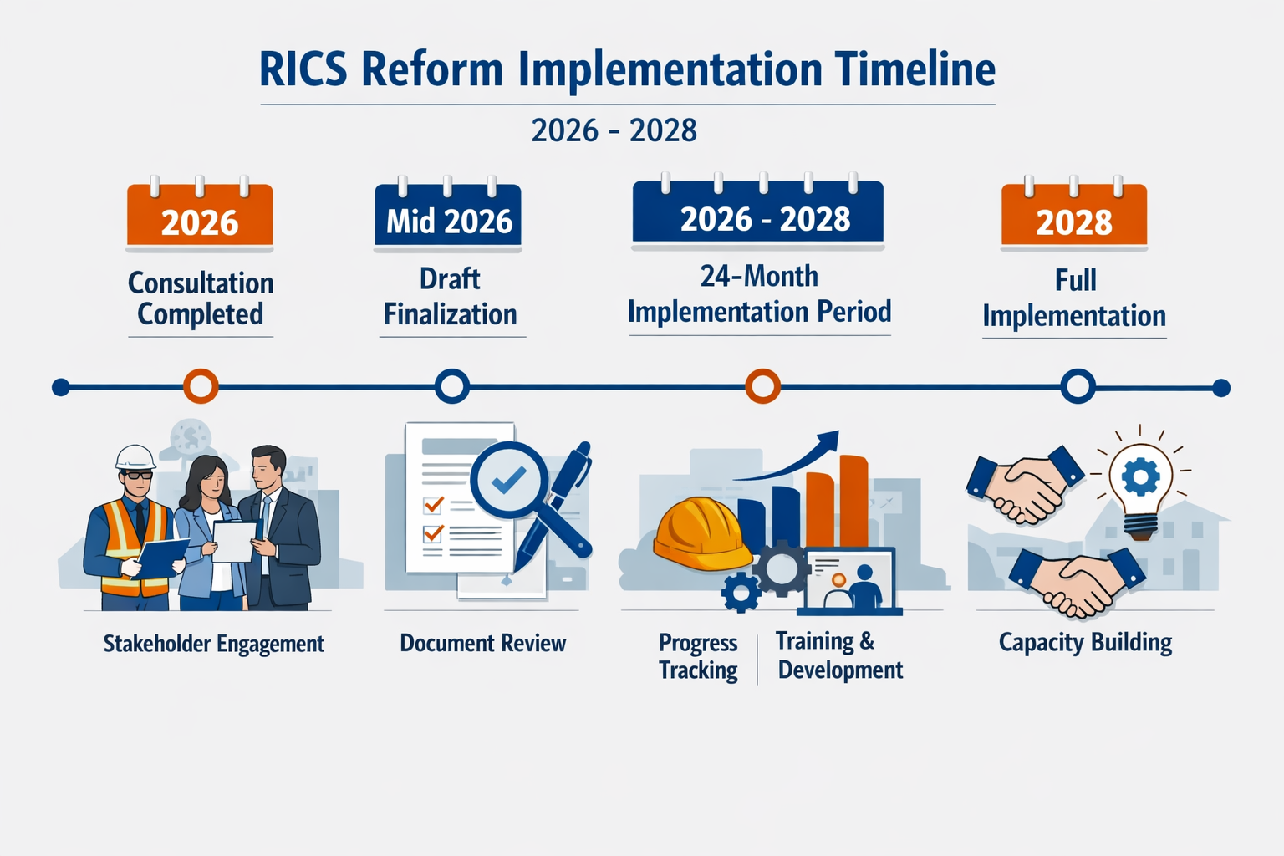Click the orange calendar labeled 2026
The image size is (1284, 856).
(x=200, y=216)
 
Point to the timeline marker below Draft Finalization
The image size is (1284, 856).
(x=452, y=386)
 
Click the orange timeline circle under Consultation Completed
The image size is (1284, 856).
(x=201, y=386)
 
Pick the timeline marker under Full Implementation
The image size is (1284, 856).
(x=1078, y=386)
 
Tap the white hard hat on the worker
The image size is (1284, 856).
(x=135, y=457)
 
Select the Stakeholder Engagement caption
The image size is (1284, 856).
(x=213, y=644)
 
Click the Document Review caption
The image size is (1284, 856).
(x=482, y=643)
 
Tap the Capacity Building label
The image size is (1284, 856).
(x=1085, y=642)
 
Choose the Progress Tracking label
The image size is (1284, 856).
(x=698, y=656)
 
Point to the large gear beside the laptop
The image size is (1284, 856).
(x=782, y=568)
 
